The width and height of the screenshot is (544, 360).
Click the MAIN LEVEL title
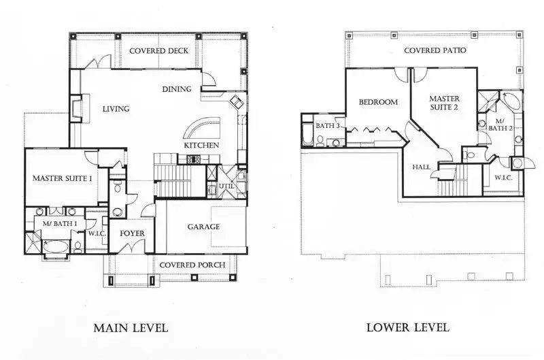click(x=130, y=328)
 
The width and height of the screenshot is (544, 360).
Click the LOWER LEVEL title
click(x=407, y=327)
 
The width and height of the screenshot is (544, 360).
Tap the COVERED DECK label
click(x=158, y=51)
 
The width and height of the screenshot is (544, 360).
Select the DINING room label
click(x=176, y=89)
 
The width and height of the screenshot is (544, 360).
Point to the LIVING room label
click(x=116, y=109)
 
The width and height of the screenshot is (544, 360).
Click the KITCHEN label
click(x=201, y=146)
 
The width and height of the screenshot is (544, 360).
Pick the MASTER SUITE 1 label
click(x=62, y=178)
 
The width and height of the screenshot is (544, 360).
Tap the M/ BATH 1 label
click(x=60, y=223)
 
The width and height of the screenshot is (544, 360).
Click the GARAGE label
click(x=204, y=227)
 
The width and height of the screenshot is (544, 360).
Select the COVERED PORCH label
click(x=188, y=265)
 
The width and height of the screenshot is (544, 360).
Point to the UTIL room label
click(x=226, y=186)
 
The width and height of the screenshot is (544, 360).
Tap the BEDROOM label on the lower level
click(x=378, y=102)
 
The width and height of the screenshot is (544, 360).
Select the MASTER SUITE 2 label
click(x=445, y=103)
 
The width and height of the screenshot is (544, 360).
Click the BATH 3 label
click(x=327, y=126)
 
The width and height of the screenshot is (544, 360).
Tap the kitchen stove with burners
click(x=192, y=159)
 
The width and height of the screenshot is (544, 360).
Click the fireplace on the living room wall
click(x=75, y=108)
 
